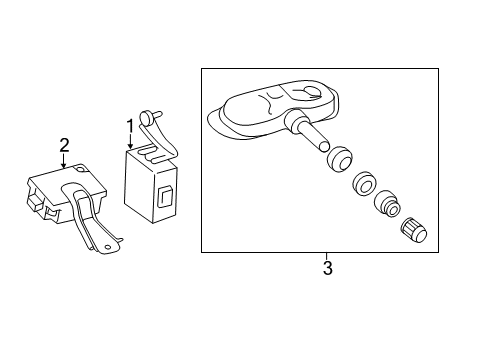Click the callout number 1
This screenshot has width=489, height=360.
coord(130,126)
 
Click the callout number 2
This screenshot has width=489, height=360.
coord(64,145)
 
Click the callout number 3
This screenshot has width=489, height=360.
coord(328,268)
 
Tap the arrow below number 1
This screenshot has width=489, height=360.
coord(130,141)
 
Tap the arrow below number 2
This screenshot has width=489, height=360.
coord(64,160)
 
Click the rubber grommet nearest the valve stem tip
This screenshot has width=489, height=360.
coord(339,159)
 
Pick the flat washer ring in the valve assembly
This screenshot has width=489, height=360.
coord(364,184)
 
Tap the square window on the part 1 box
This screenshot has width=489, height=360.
coord(164,197)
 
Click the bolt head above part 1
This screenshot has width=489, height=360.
coord(146,117)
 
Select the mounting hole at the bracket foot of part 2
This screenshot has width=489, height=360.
coord(107,247)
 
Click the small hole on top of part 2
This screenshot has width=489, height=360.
coord(80,169)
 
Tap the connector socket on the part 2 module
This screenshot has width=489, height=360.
coord(36,200)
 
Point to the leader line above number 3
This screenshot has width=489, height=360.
coord(327,257)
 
